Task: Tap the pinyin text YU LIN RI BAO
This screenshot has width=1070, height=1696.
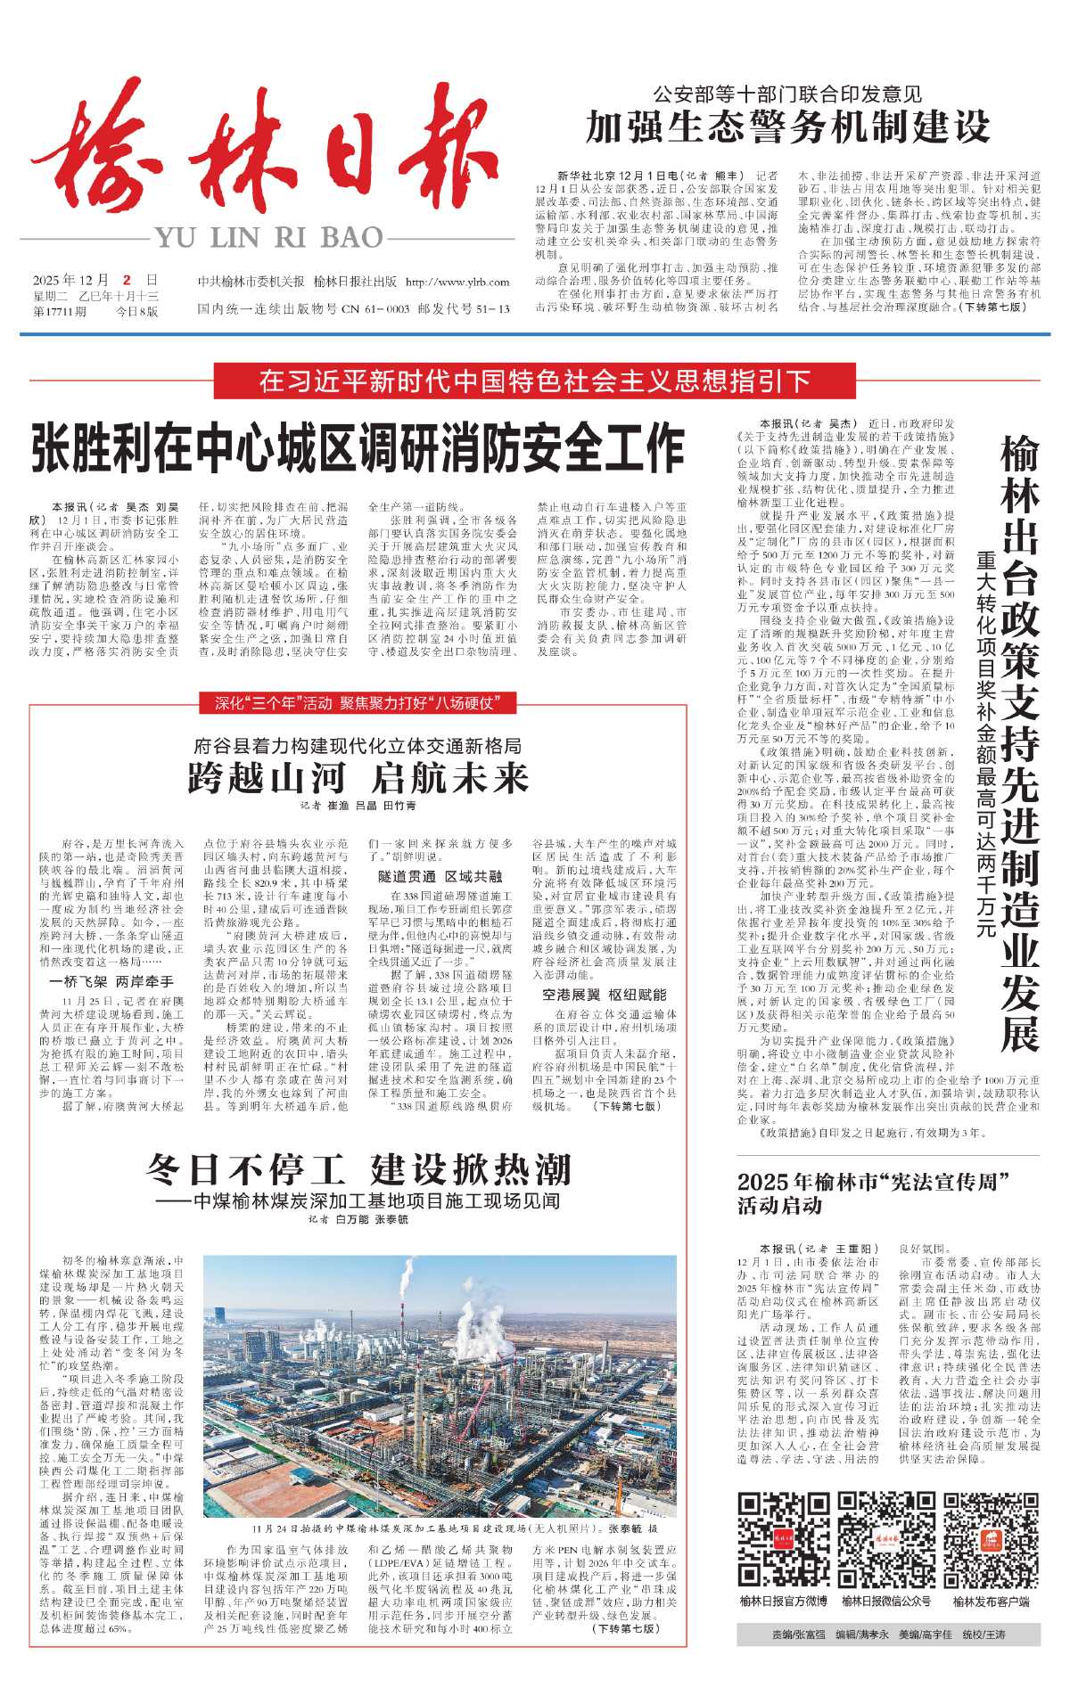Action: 268,238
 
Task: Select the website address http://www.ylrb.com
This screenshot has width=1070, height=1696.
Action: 457,283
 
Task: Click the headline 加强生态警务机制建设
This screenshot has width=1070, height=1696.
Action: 788,127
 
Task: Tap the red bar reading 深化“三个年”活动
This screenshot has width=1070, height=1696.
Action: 355,703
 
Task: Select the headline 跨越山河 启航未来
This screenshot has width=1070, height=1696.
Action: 358,777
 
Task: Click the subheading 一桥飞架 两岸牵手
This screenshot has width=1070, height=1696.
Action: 111,981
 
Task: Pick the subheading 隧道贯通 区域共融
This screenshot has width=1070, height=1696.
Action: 440,877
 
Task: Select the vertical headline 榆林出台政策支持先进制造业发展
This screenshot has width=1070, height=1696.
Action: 1019,740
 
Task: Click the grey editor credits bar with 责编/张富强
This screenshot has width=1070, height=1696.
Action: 888,1635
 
